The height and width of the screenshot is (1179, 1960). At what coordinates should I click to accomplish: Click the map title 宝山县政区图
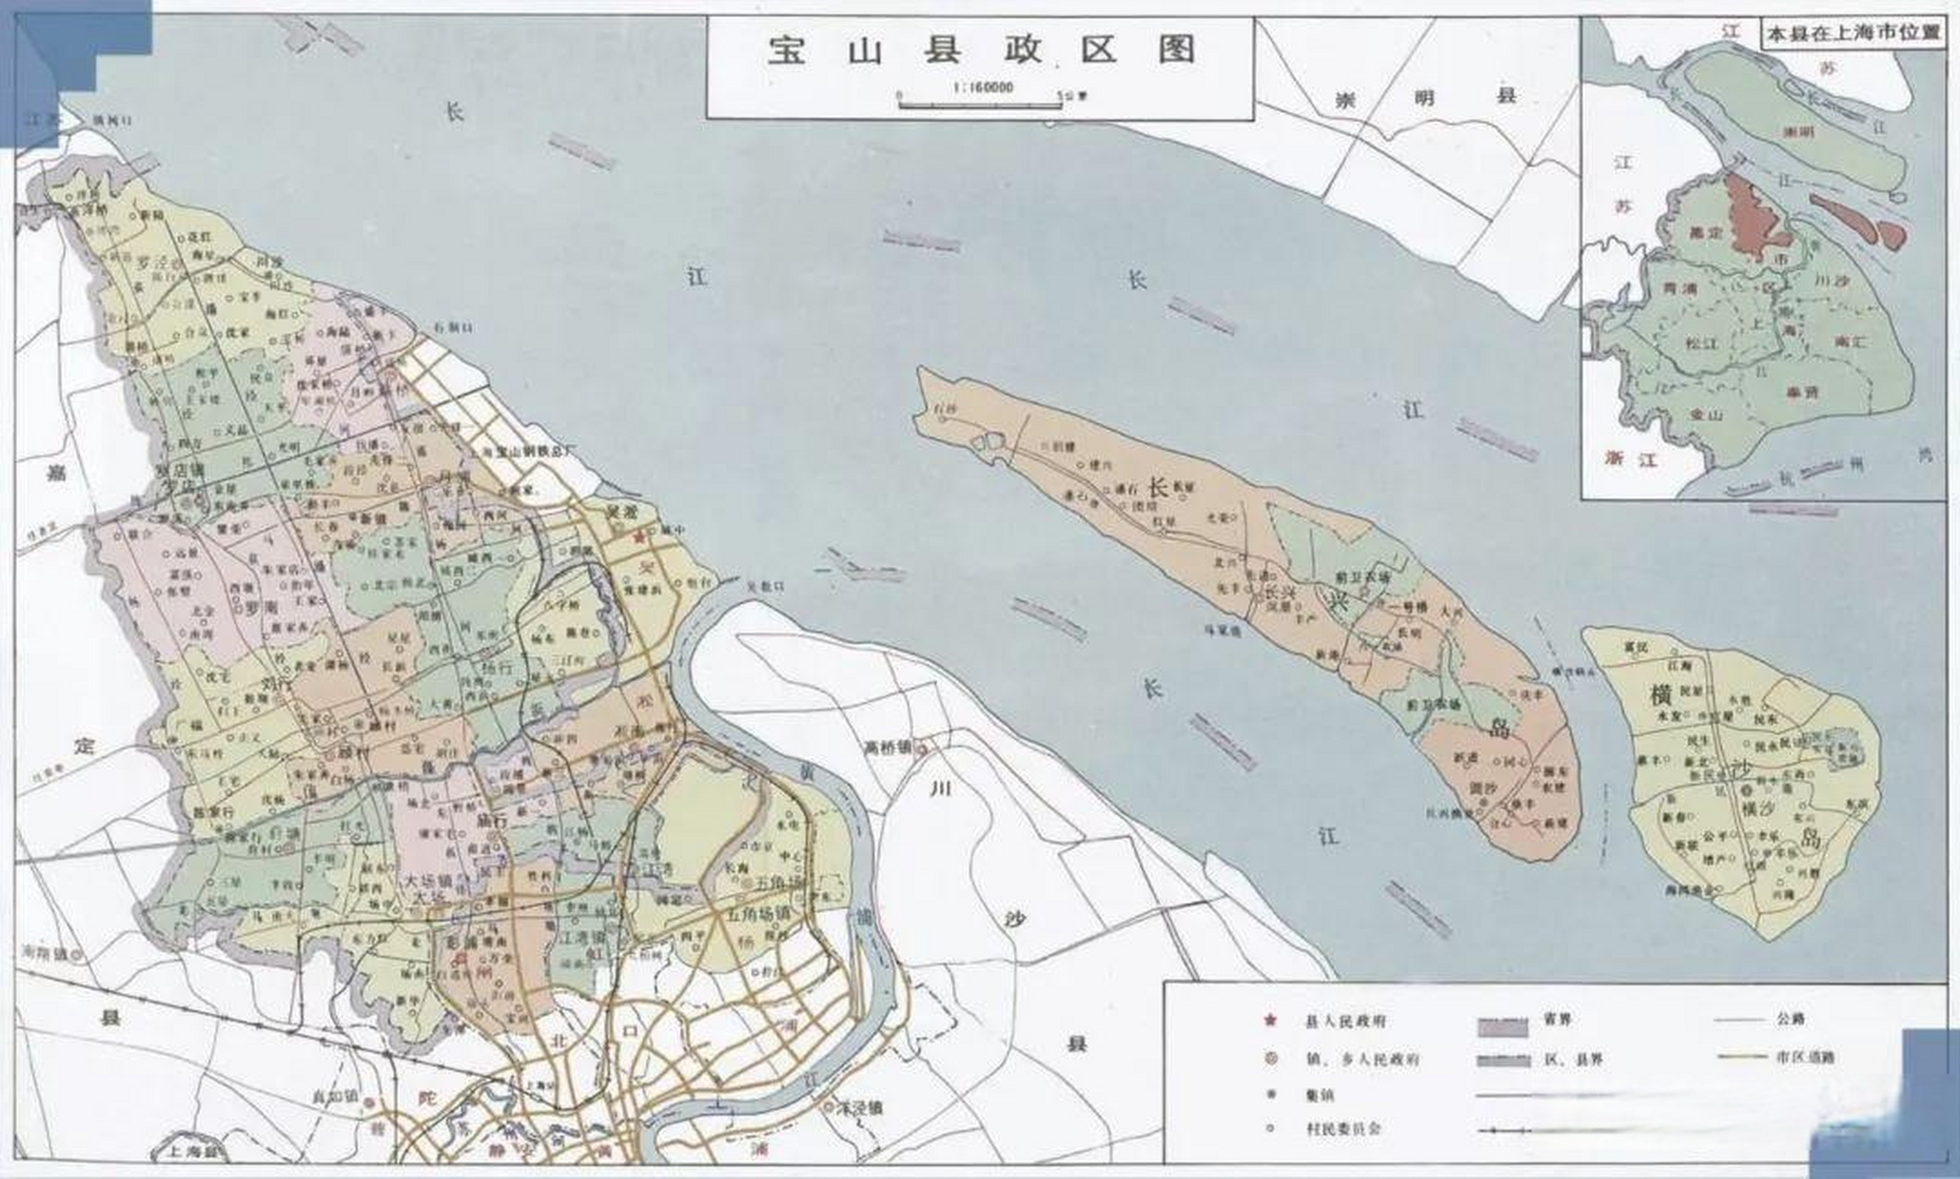980,50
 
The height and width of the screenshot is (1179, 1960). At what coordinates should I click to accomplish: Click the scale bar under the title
979,102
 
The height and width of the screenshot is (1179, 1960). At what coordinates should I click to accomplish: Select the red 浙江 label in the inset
1630,458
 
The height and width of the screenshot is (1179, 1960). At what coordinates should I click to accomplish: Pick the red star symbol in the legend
1271,1021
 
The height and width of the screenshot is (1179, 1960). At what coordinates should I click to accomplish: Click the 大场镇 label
431,879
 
